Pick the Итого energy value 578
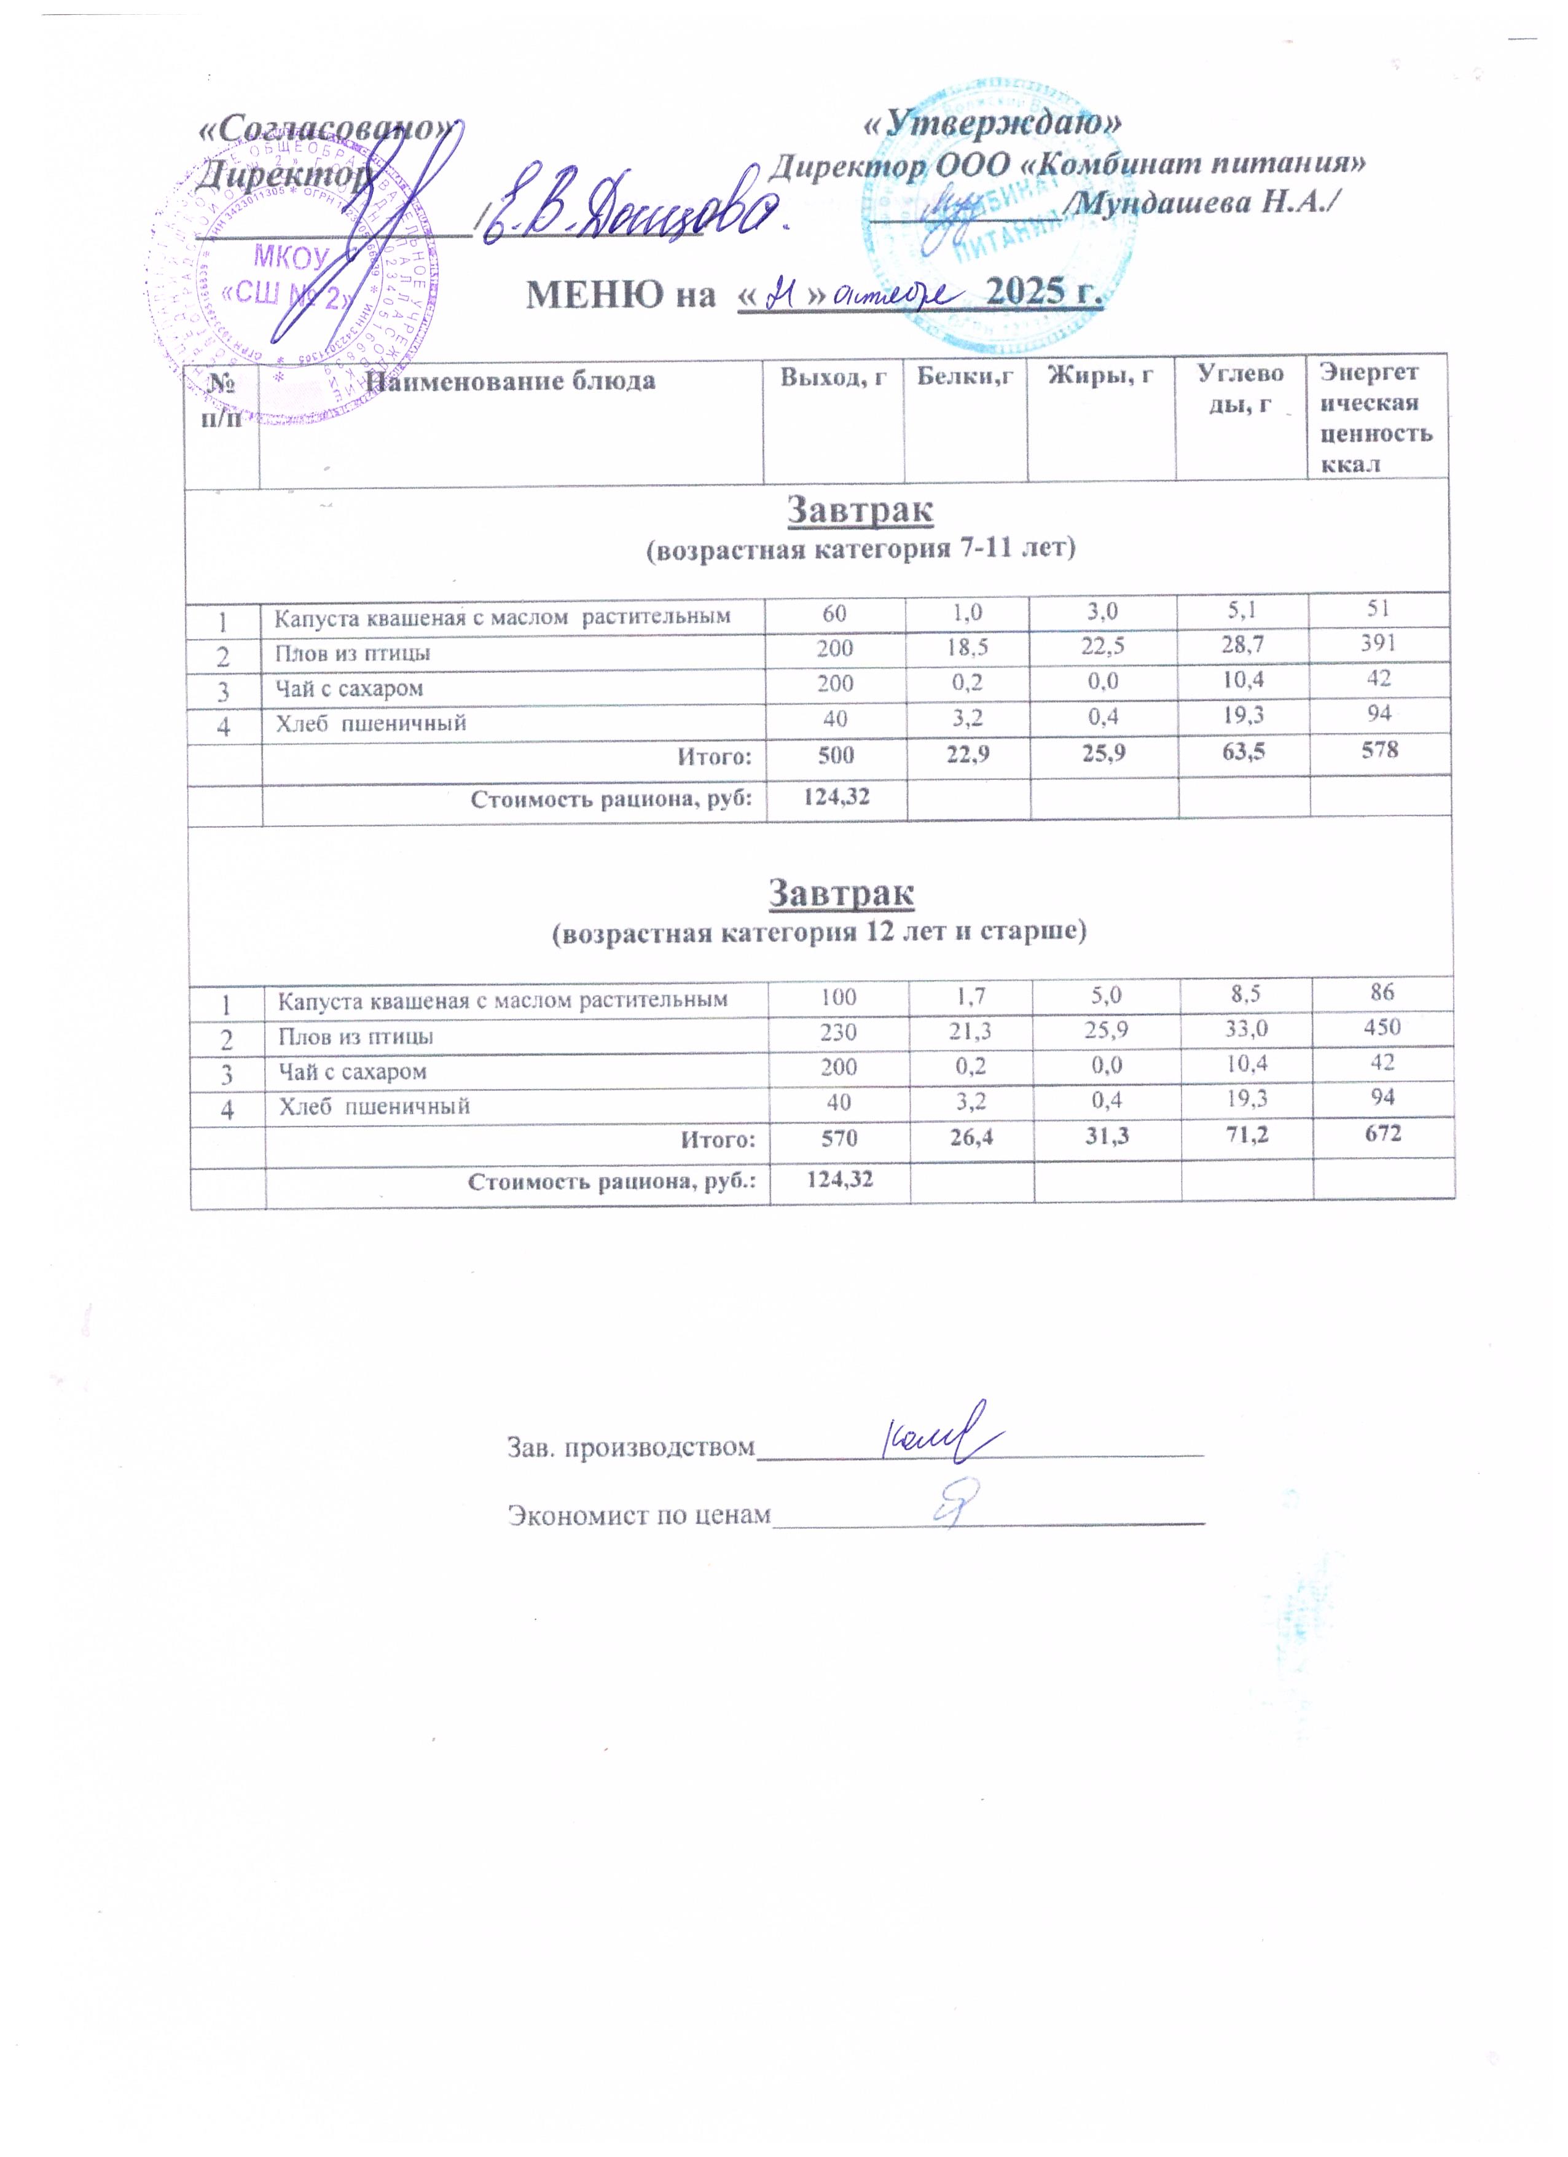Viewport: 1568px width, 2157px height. [x=1379, y=750]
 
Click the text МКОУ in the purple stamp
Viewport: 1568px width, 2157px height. [x=290, y=257]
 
